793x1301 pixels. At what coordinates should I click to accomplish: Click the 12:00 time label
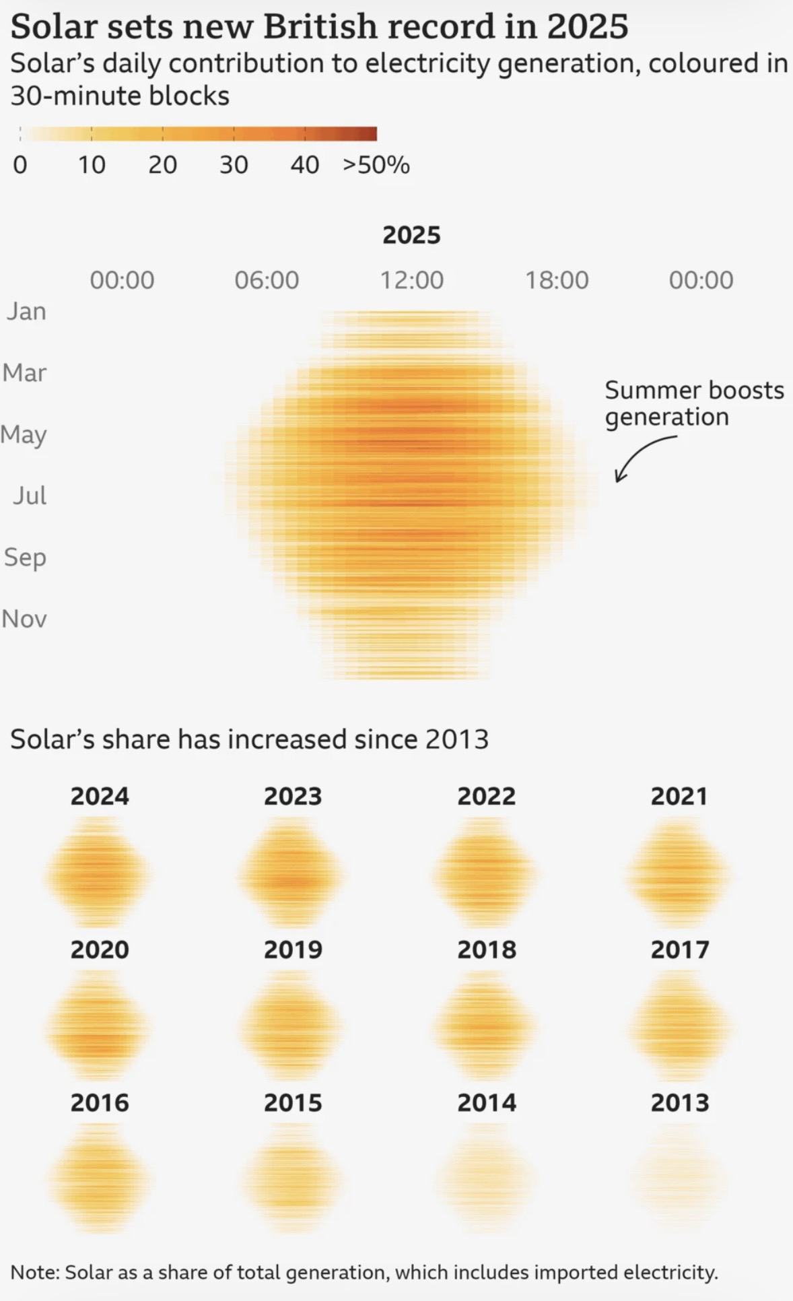click(x=411, y=280)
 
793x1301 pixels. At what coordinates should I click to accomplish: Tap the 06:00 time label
click(x=267, y=280)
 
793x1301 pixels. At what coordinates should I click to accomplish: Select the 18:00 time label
click(x=556, y=280)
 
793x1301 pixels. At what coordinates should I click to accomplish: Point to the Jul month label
click(x=30, y=496)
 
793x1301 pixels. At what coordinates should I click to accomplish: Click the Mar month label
click(x=25, y=372)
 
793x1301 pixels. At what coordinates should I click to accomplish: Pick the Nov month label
click(x=25, y=619)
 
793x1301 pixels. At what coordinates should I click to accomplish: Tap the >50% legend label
click(x=376, y=165)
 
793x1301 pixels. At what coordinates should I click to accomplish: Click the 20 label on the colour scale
click(x=162, y=165)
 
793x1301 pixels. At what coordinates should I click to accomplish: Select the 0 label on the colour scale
click(x=20, y=165)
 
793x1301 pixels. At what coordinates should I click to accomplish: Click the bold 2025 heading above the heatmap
click(x=411, y=235)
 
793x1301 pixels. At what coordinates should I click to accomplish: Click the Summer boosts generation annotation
click(x=693, y=403)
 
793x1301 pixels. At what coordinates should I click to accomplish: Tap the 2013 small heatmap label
click(x=679, y=1103)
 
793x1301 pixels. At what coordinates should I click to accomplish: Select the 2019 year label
click(x=293, y=949)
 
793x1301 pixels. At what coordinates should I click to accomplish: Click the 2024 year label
click(x=100, y=796)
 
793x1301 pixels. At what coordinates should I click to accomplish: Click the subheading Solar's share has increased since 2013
click(x=249, y=739)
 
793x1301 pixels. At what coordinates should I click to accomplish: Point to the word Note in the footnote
click(x=34, y=1272)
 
